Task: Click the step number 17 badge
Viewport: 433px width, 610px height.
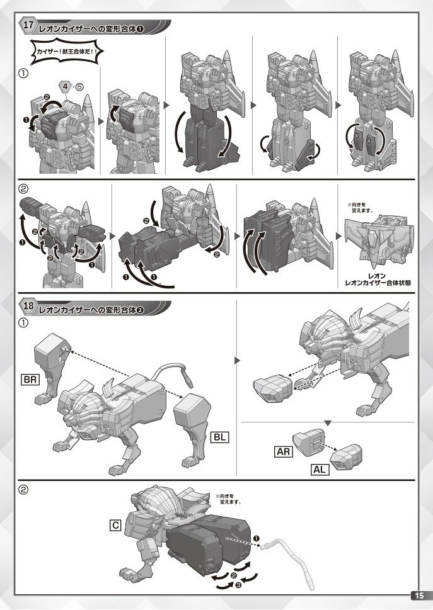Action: pos(28,25)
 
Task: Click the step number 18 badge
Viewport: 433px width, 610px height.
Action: pos(28,305)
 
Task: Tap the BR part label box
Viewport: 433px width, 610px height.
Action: pos(30,380)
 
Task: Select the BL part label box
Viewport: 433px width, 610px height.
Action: pos(219,437)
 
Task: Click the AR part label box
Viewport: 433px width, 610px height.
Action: pos(283,451)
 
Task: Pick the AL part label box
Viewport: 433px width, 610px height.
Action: pos(320,469)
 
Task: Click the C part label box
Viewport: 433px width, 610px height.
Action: pos(115,526)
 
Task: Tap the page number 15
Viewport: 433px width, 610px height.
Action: pos(419,596)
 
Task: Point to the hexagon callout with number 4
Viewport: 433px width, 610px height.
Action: pos(66,86)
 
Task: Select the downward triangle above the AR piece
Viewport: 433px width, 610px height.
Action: pos(328,423)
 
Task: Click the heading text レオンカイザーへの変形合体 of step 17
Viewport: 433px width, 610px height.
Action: pos(88,29)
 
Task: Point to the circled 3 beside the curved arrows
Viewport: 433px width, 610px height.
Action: pos(238,584)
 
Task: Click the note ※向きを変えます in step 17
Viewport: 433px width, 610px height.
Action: pos(360,208)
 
